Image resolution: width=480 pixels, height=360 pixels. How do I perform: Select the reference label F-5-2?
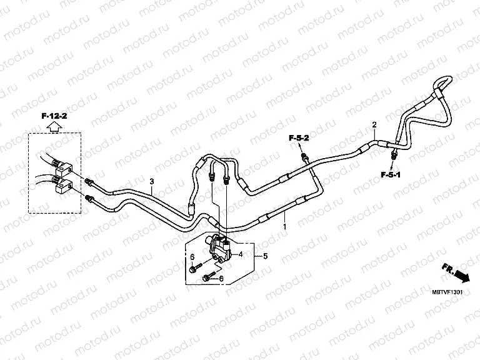(299, 137)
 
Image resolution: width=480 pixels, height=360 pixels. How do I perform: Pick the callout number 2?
(374, 125)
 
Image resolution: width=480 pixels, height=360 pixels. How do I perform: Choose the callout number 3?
(151, 182)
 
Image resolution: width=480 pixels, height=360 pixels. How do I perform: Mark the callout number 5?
(265, 256)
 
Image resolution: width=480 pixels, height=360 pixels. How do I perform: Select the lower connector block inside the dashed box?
(66, 184)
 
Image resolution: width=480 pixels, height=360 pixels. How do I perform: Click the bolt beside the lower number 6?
(211, 274)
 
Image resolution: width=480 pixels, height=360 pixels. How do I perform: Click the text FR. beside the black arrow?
(447, 267)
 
